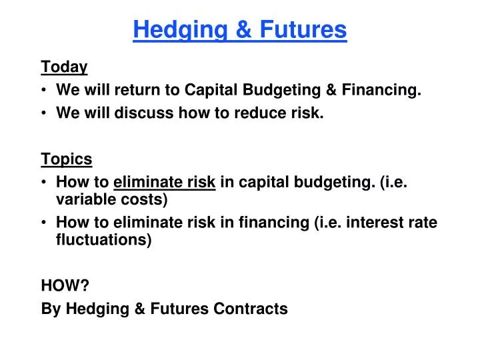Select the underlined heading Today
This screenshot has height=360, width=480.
(64, 67)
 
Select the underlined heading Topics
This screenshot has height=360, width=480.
(67, 159)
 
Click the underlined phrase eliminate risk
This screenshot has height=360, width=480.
(165, 183)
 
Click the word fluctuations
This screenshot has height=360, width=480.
(103, 240)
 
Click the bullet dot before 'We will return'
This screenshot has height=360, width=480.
(45, 91)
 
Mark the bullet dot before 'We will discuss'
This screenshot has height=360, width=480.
(45, 114)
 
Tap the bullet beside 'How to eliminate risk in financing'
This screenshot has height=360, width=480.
(45, 223)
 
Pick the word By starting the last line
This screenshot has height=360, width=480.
(50, 309)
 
